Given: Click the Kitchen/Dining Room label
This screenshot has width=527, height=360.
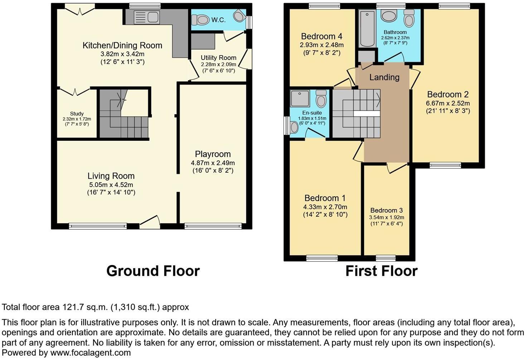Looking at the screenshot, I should [122, 45].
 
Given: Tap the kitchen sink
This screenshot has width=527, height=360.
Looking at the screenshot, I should [146, 17].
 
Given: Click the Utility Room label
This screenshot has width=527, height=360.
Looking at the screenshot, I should [218, 58].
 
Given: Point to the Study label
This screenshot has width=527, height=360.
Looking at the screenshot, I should [77, 114].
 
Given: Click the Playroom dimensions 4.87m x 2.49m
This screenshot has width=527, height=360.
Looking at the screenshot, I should [213, 163].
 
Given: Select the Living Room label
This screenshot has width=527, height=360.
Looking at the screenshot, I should [111, 176].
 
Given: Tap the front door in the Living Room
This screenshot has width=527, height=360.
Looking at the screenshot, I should [149, 222].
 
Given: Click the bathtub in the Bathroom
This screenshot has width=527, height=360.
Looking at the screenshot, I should [367, 29].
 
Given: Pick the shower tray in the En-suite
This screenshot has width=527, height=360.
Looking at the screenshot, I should [300, 99].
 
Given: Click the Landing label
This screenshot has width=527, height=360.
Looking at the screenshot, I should [384, 77].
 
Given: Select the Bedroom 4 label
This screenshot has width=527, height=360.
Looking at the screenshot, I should [321, 36].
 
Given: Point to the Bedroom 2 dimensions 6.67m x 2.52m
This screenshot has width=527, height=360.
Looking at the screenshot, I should [448, 103].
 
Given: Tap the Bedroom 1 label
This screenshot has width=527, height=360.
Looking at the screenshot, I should [325, 198].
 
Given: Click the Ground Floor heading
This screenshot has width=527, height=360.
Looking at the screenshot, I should [153, 271].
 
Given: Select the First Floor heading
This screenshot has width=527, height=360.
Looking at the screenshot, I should [381, 271].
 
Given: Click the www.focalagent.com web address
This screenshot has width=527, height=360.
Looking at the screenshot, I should [91, 352].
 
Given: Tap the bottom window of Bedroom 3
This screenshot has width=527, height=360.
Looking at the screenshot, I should [386, 258].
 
